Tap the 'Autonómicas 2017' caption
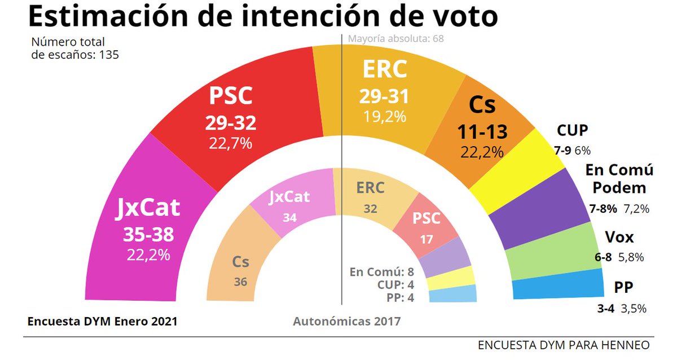(x=346, y=321)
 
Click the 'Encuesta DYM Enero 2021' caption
(x=102, y=321)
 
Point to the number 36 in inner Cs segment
(x=240, y=282)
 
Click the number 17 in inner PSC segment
(x=427, y=239)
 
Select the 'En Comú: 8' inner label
(x=383, y=271)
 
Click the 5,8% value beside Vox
(x=631, y=257)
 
